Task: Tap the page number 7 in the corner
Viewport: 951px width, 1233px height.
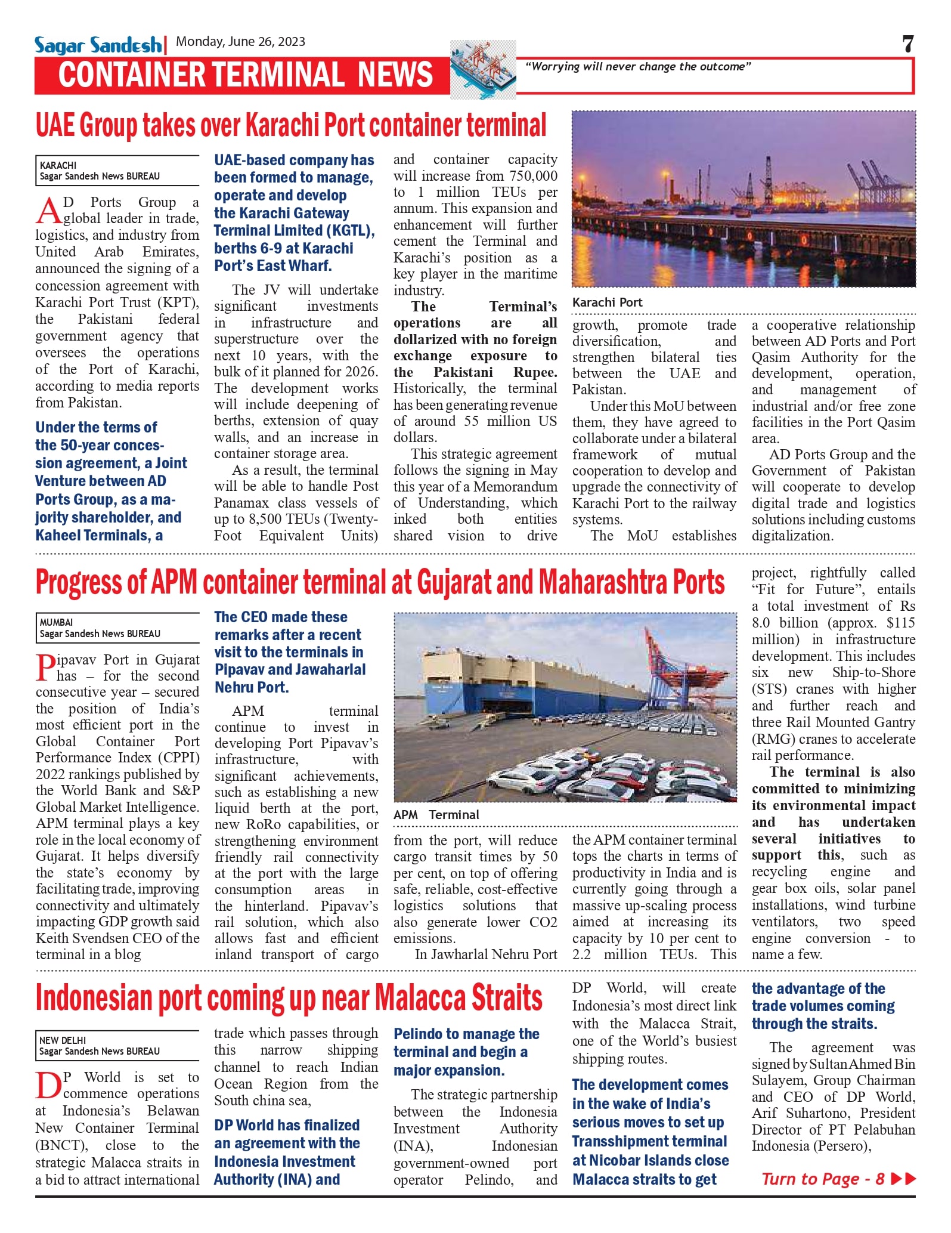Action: click(907, 44)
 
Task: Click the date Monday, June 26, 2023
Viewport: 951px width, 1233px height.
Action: click(240, 42)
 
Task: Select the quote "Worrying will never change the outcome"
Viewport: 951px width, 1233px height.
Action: click(637, 67)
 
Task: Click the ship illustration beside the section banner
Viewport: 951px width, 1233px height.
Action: click(482, 69)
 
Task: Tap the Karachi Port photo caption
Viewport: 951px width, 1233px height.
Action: click(607, 302)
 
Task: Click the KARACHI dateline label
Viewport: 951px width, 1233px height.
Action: click(58, 165)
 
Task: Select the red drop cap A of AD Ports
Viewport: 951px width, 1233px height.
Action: click(49, 211)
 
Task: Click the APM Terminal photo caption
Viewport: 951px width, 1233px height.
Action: click(436, 815)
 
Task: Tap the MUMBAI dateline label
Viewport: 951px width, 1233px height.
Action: click(56, 622)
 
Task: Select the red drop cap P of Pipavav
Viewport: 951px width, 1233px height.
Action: click(46, 668)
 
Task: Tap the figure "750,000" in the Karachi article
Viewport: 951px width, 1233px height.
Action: click(532, 176)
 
